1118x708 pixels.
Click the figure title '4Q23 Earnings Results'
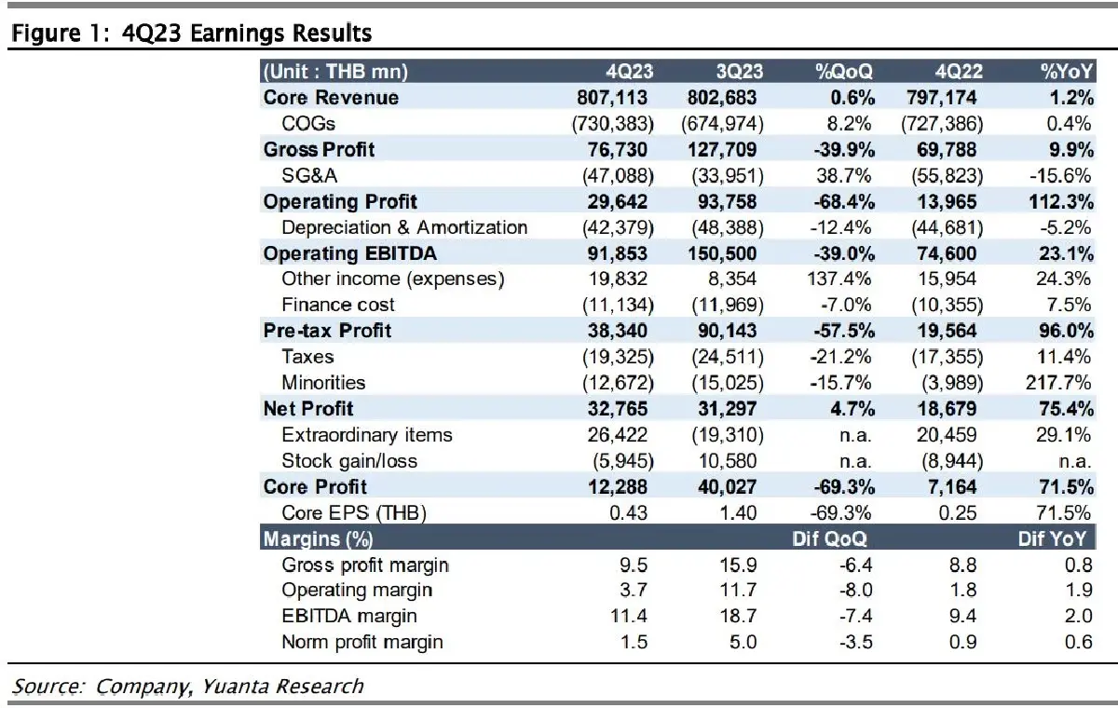click(x=266, y=34)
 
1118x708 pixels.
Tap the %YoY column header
click(x=1066, y=72)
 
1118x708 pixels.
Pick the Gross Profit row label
click(x=319, y=150)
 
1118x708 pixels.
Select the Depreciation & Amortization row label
click(x=404, y=227)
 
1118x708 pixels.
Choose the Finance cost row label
click(x=338, y=305)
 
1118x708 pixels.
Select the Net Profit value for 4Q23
click(x=619, y=408)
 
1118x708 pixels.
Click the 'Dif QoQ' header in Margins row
click(x=831, y=538)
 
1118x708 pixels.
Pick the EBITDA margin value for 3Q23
click(x=746, y=616)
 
